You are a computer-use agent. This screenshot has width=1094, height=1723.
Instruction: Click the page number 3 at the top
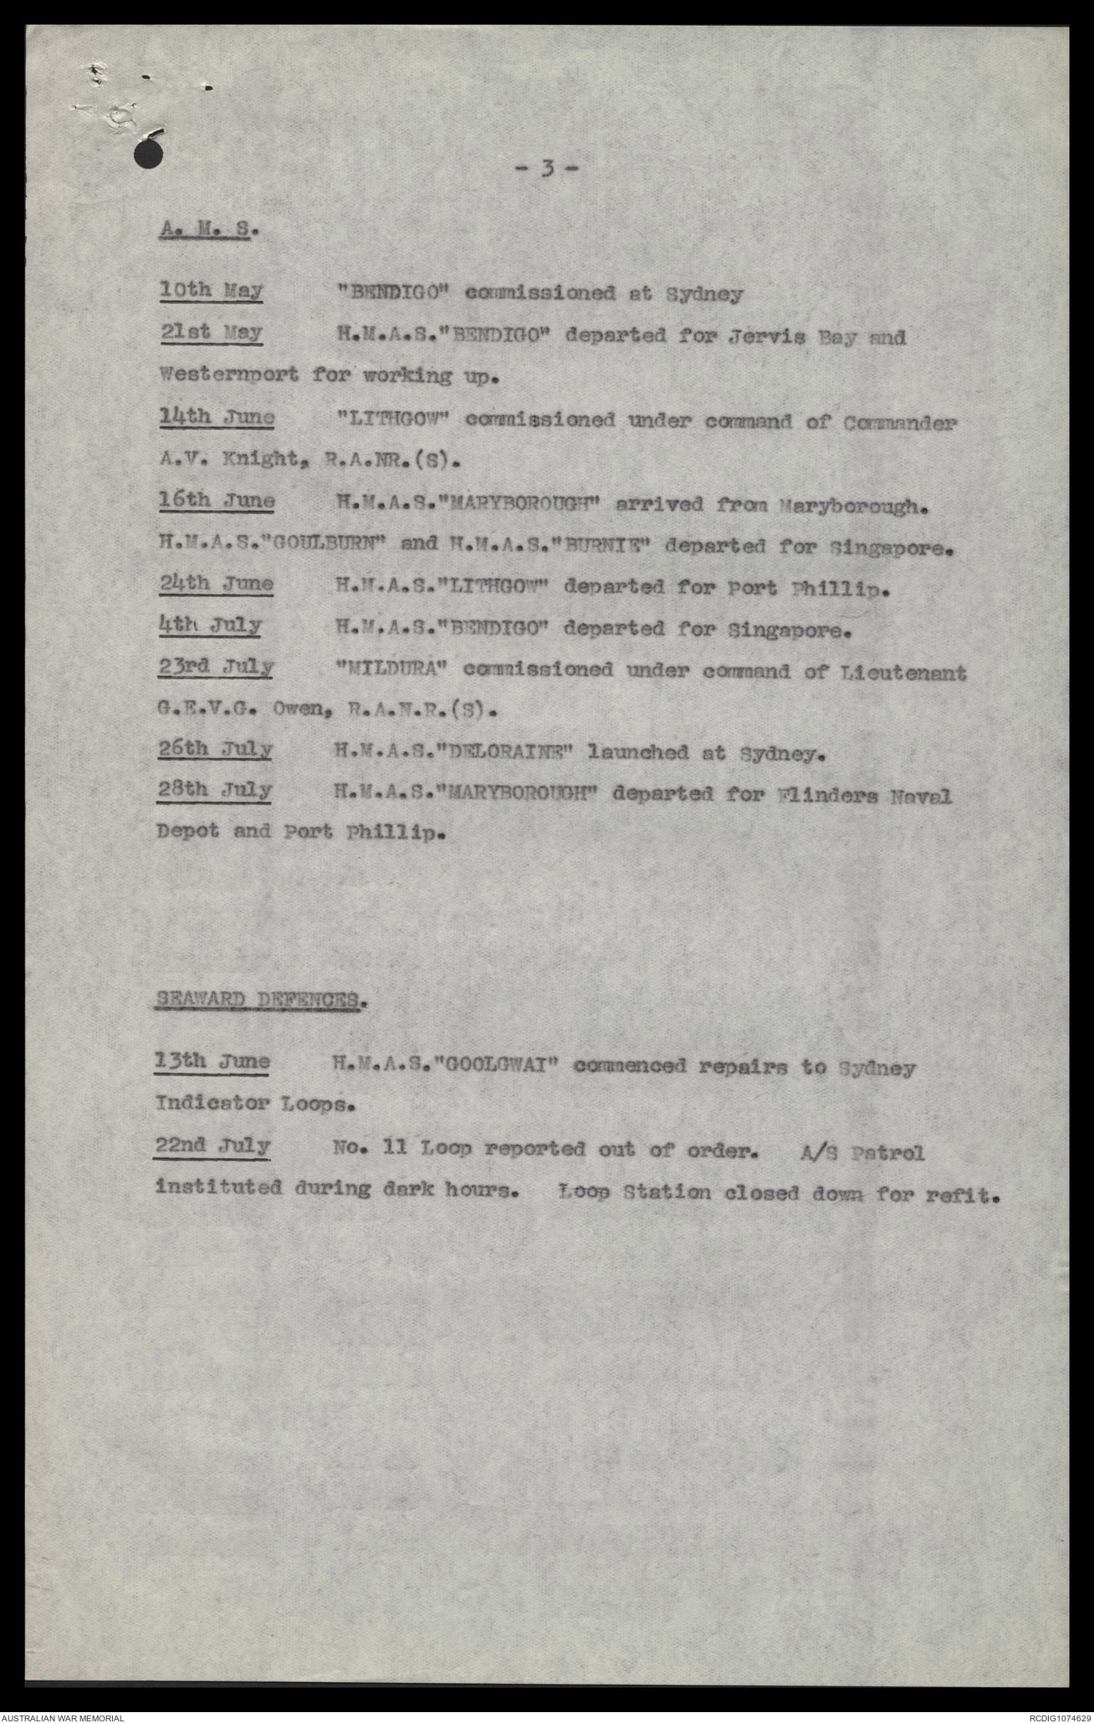click(546, 170)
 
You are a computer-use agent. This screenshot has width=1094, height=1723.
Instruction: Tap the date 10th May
click(211, 292)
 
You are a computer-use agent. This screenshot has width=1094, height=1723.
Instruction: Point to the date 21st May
click(211, 334)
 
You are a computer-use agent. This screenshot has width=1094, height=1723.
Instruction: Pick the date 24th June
click(217, 584)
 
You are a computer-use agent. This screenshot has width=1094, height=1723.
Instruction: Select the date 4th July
click(210, 625)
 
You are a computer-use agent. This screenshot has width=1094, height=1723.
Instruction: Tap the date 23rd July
click(216, 667)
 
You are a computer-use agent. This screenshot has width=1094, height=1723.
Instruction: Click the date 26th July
click(216, 749)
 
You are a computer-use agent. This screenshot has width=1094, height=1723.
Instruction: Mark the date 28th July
click(216, 791)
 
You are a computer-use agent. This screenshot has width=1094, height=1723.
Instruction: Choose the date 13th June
click(212, 1063)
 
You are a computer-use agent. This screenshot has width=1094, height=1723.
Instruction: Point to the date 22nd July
click(213, 1146)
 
